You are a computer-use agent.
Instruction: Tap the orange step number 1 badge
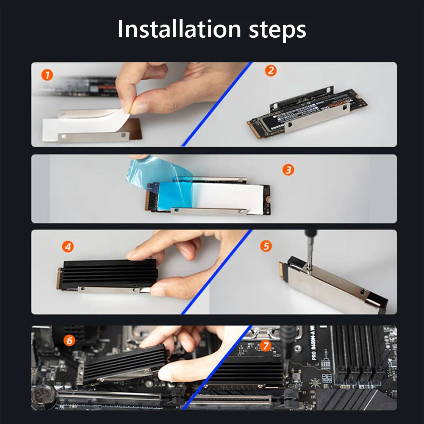tap(47, 75)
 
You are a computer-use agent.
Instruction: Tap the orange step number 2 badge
tap(271, 70)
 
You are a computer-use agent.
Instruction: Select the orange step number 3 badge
tap(288, 170)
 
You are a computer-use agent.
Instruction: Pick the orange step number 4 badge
tap(67, 246)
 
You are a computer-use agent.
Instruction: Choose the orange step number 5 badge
tap(266, 246)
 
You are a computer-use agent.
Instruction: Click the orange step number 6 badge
tap(69, 340)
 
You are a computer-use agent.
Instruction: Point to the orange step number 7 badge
tap(265, 346)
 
